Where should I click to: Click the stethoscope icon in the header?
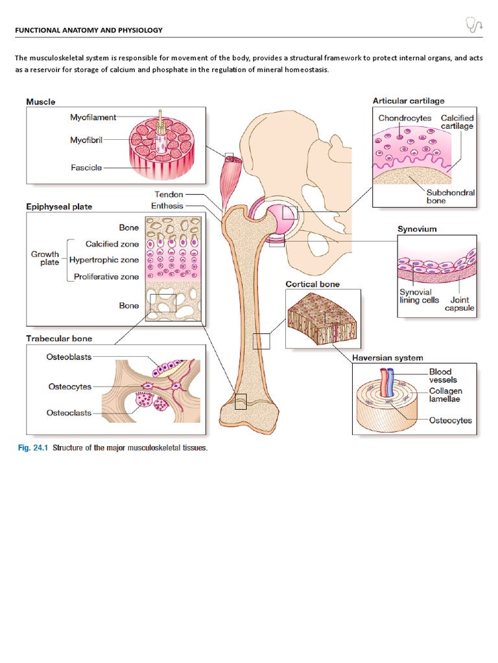tap(475, 25)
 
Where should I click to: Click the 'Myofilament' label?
tap(93, 117)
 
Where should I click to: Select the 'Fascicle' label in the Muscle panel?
tap(86, 168)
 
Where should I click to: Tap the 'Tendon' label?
tap(169, 194)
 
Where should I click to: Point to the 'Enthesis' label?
tap(167, 206)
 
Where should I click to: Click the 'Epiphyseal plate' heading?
tap(58, 207)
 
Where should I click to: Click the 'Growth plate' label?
tap(45, 258)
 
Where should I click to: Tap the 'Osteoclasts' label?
tap(69, 412)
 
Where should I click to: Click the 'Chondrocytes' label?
tap(404, 118)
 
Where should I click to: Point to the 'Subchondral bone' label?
tap(450, 196)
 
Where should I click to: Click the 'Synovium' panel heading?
tap(416, 229)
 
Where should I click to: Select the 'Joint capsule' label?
tap(458, 304)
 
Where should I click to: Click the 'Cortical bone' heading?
tap(313, 284)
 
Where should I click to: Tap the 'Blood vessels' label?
tap(444, 376)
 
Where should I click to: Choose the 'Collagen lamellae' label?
tap(447, 396)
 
